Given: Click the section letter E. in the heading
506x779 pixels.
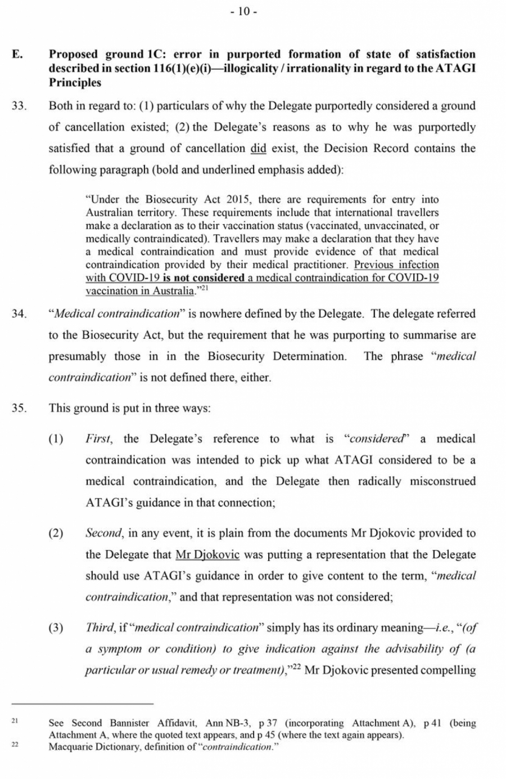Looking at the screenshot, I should pos(17,55).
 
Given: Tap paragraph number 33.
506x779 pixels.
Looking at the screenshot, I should pos(19,106).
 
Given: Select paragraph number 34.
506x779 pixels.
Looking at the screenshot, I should pos(19,314).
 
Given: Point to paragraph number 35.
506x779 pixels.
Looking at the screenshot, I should pos(19,408).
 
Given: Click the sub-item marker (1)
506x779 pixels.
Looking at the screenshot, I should pos(56,439).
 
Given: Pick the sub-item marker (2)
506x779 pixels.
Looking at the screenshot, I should pos(56,533).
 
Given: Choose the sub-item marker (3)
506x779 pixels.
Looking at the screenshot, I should pos(56,628).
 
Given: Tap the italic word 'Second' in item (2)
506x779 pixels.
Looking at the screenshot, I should pos(103,533).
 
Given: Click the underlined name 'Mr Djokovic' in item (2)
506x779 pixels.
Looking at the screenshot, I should pos(207,554).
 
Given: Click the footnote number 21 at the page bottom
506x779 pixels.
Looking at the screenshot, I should pos(15,720).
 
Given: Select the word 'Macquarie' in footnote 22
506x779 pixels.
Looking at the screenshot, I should pos(70,747).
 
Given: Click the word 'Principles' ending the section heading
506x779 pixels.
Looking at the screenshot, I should pos(75,83).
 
